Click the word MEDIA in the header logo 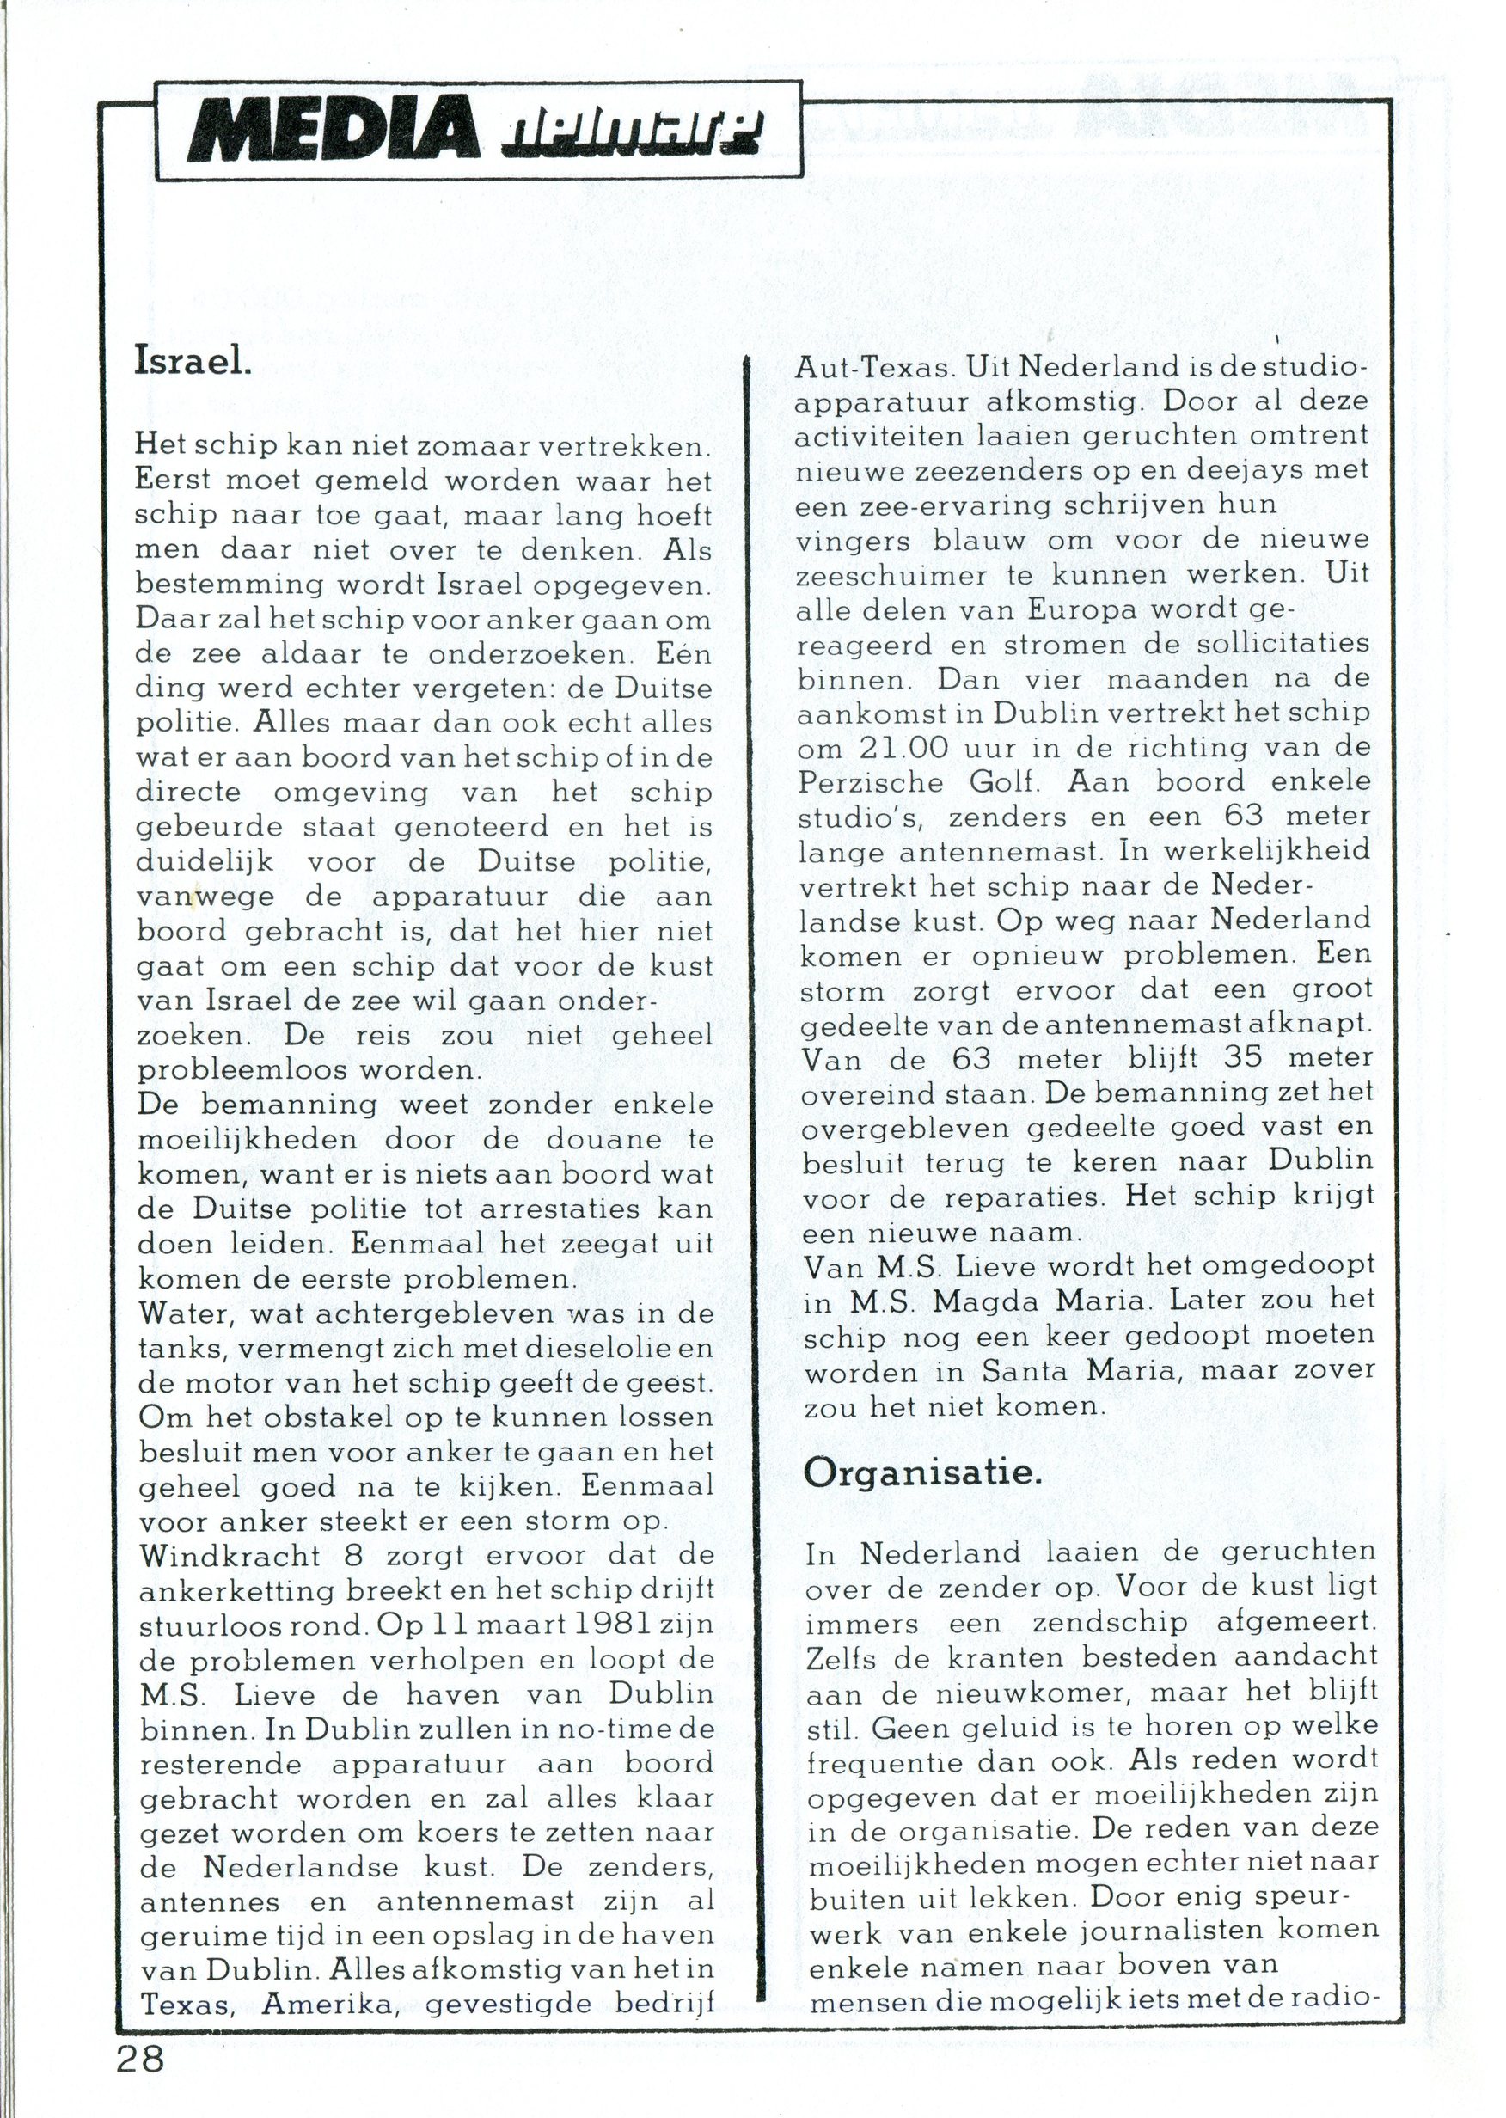click(333, 131)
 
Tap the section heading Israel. click(193, 360)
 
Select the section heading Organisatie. click(922, 1472)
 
